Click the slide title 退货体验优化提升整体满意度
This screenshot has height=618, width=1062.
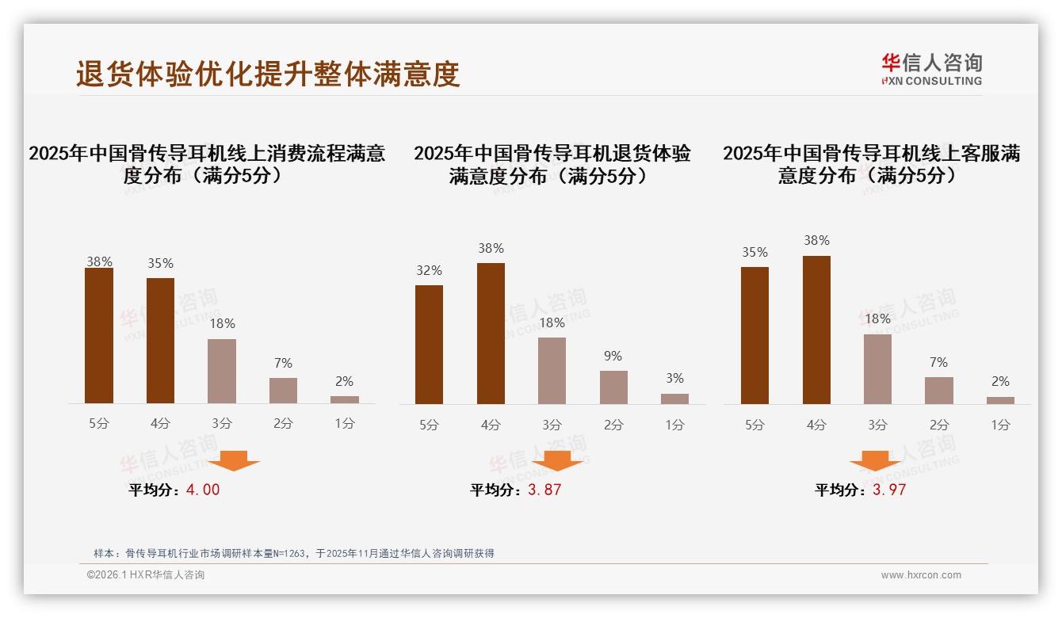coord(268,74)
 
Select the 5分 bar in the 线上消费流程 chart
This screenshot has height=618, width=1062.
coord(99,336)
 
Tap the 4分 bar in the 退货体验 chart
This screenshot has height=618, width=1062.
coord(491,334)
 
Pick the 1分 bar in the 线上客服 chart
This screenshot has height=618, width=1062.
coord(1000,400)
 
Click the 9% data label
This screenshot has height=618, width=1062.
coord(613,357)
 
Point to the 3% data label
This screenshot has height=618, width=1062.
coord(674,379)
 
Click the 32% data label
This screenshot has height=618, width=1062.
coord(429,271)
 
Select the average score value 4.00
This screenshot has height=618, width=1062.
coord(203,490)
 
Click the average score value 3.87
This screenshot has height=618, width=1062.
coord(544,490)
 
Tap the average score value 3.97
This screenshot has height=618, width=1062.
coord(889,490)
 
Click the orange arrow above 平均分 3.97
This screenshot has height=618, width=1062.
coord(875,462)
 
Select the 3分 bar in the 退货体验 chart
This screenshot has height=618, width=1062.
coord(552,371)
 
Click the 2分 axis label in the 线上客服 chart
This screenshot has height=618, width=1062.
coord(939,425)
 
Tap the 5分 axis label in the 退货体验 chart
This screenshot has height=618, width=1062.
coord(429,425)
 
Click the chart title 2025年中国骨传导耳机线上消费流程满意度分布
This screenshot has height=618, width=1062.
coord(207,164)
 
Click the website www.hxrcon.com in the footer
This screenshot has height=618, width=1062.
coord(921,575)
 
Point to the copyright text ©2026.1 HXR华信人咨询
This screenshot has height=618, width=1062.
coord(146,575)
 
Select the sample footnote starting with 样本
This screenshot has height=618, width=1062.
coord(293,554)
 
